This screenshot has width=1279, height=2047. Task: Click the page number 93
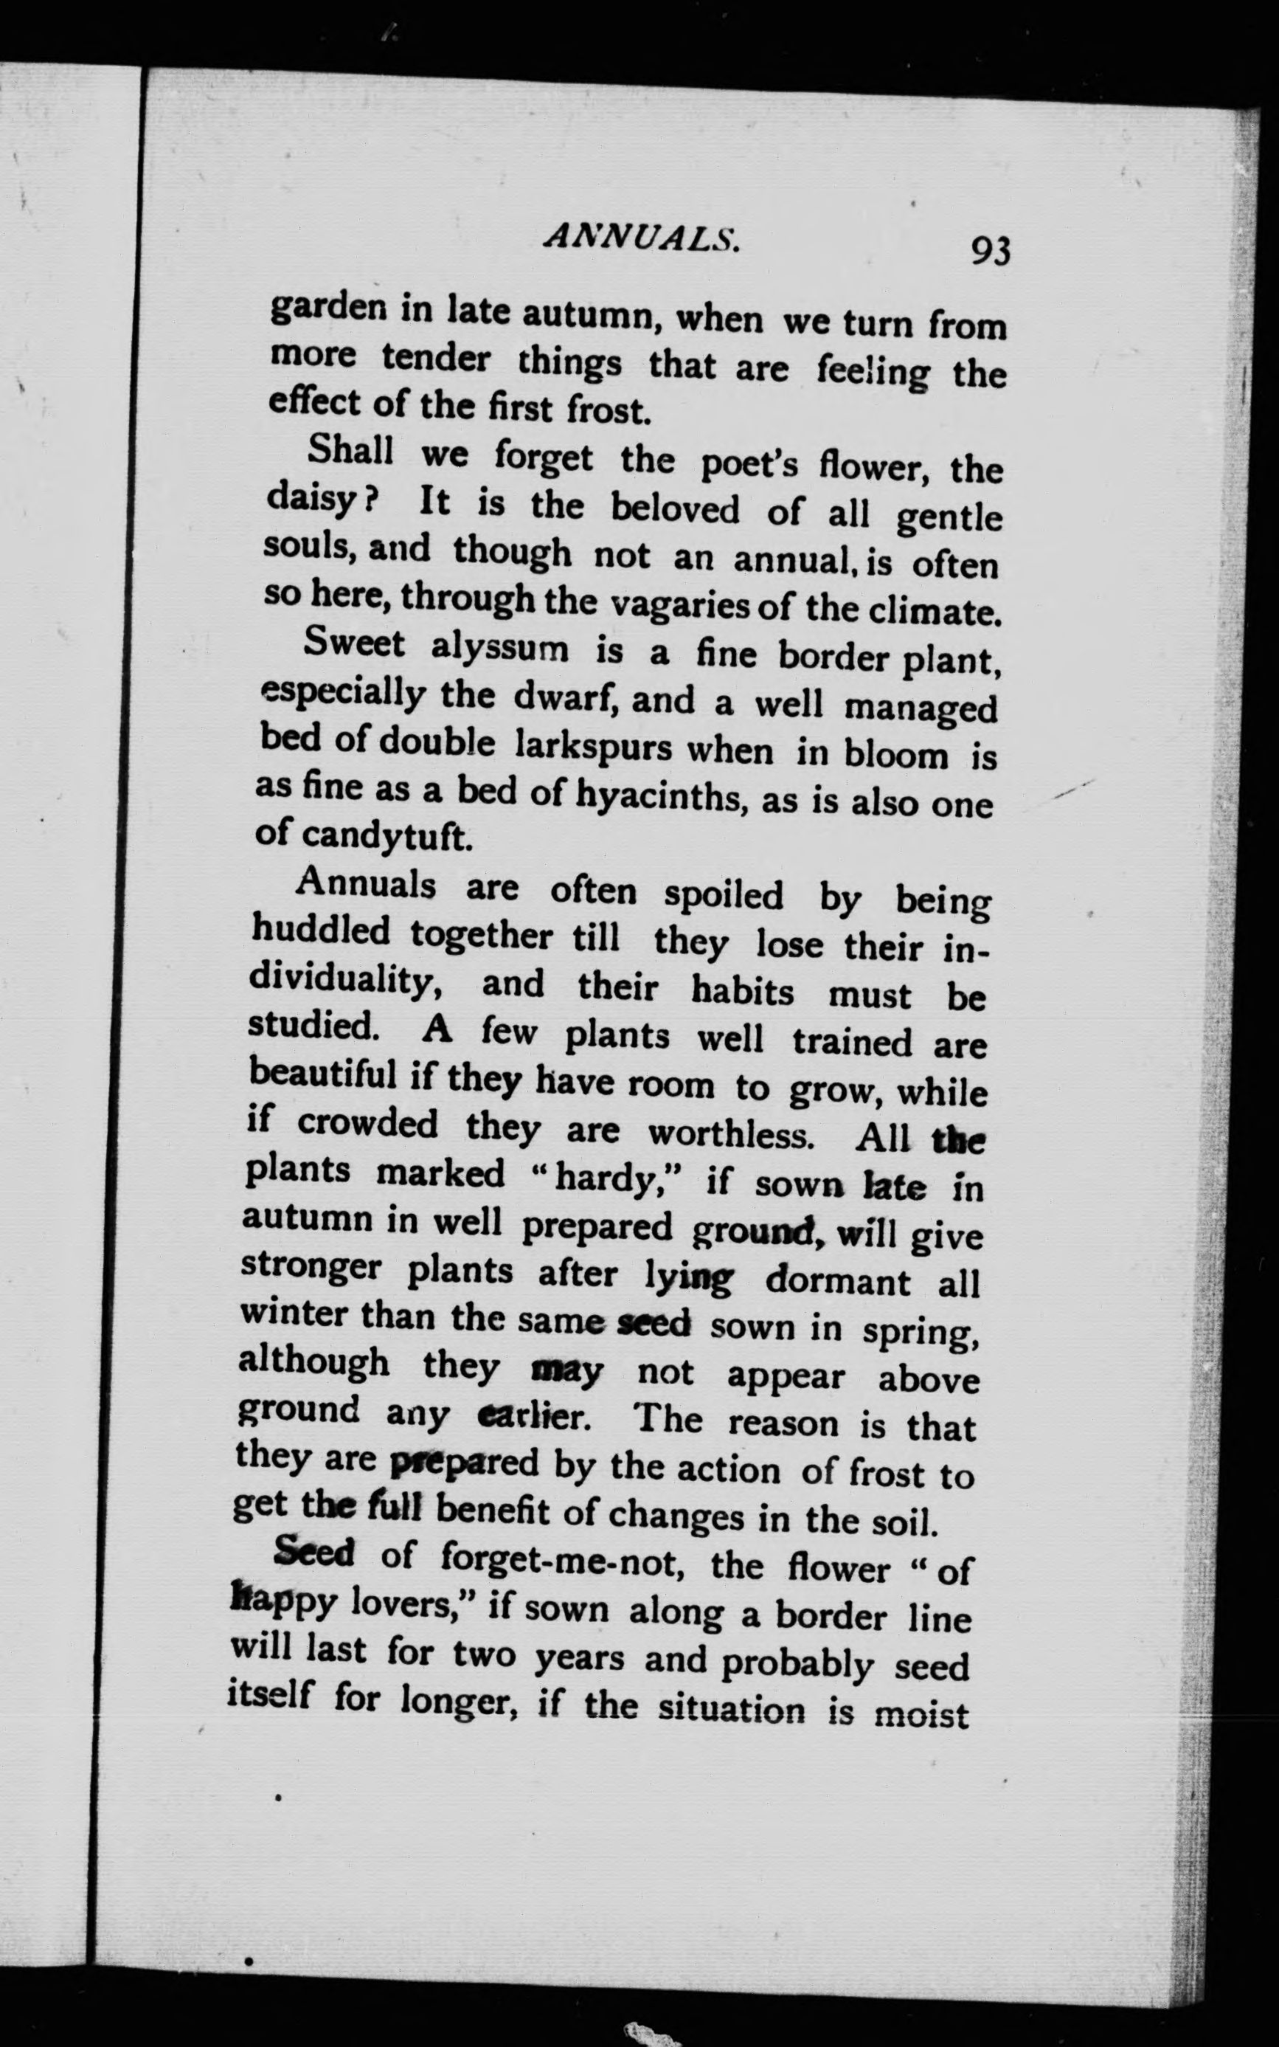pyautogui.click(x=991, y=252)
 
